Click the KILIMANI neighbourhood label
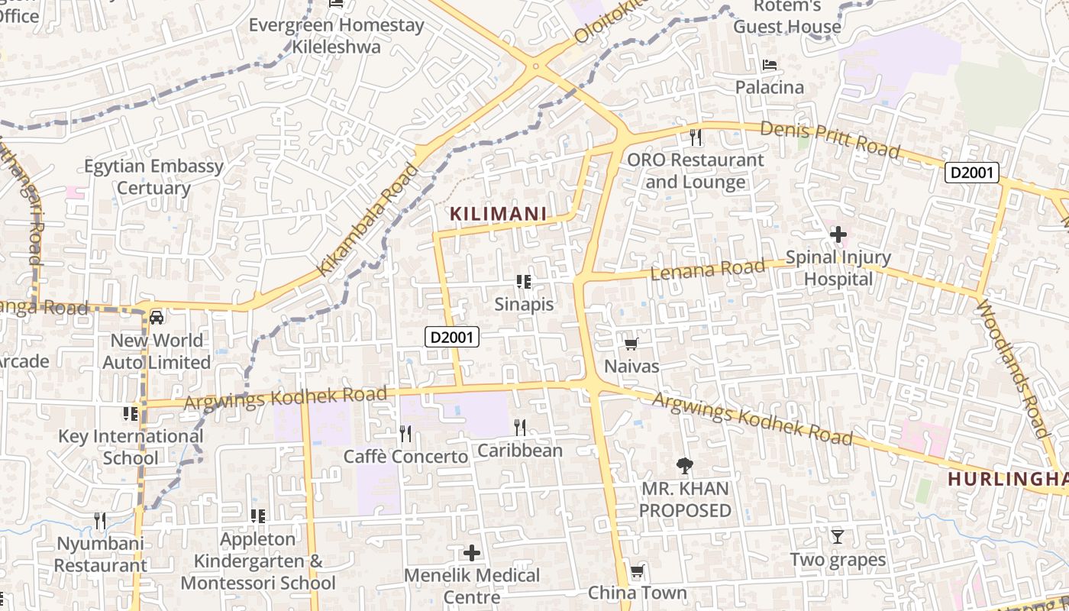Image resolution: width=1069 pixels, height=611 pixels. [499, 214]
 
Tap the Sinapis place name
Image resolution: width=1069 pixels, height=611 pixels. [524, 304]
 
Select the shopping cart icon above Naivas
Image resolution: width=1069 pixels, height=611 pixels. [631, 344]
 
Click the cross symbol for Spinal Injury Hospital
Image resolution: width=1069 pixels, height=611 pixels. [838, 234]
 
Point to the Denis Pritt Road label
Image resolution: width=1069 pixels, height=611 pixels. [830, 137]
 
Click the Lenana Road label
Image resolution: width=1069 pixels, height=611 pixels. [707, 269]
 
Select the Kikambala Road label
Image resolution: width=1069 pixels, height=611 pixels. [369, 219]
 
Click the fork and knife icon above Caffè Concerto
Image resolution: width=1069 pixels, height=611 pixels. [405, 434]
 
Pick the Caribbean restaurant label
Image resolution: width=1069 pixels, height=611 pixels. [520, 451]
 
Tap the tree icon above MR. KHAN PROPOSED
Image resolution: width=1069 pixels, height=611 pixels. [684, 465]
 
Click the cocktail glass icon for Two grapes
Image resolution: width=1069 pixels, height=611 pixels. [838, 537]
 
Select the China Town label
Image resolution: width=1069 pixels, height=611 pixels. [638, 593]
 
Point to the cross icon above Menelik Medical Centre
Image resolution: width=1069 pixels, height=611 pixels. [472, 552]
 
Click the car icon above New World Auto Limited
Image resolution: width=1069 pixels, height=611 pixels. [157, 317]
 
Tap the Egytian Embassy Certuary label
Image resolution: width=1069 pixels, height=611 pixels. [153, 176]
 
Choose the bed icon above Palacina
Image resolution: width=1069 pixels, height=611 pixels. [770, 65]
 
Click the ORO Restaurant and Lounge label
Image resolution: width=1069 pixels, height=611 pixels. [695, 171]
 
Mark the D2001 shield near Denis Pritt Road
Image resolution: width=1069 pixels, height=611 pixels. [972, 173]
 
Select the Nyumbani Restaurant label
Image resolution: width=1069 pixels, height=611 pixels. [100, 554]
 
